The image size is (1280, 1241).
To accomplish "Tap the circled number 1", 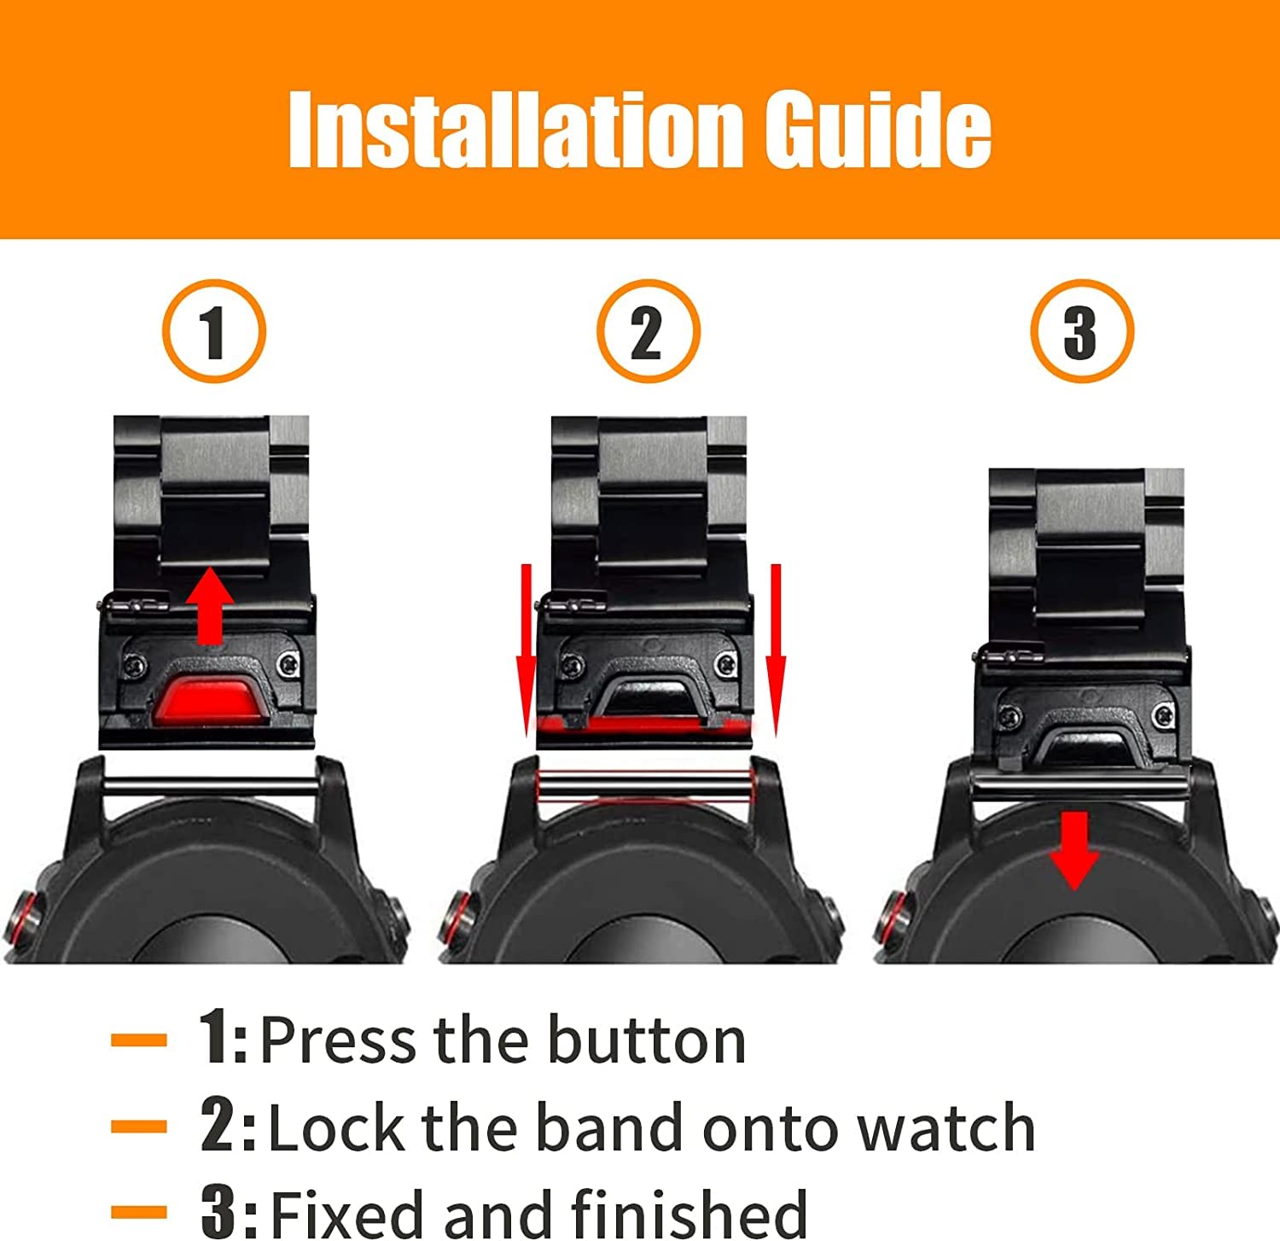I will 213,331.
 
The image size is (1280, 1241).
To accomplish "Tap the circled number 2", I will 648,331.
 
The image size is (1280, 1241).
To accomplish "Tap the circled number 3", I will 1081,331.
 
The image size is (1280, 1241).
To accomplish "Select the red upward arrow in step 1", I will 210,607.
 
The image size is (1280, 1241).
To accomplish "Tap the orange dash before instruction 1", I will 138,1040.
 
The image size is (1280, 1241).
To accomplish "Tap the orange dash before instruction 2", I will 138,1127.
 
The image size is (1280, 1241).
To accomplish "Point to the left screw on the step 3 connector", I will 1010,716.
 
